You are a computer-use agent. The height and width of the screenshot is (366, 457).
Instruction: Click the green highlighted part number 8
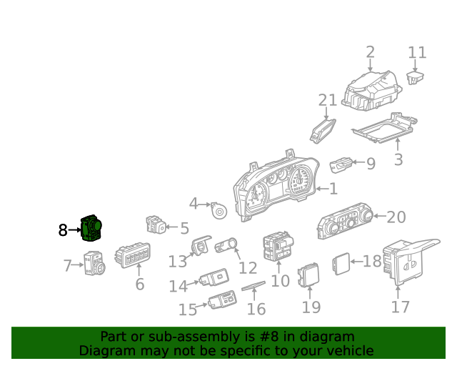[x=91, y=228]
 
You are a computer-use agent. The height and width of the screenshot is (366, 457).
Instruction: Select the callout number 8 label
[x=63, y=230]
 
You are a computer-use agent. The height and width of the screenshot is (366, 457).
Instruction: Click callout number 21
[x=327, y=100]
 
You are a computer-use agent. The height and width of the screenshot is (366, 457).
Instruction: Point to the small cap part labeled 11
[x=415, y=77]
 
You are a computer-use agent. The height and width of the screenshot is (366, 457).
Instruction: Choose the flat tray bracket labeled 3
[x=385, y=128]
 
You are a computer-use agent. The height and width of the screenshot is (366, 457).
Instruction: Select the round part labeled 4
[x=219, y=210]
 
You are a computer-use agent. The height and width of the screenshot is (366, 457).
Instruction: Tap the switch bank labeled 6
[x=133, y=254]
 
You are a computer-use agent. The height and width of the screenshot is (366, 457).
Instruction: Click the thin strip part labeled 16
[x=253, y=286]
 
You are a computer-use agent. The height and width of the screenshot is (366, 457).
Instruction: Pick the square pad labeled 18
[x=341, y=264]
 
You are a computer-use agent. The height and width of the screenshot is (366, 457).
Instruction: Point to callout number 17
[x=400, y=307]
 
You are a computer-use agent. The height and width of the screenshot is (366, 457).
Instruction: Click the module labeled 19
[x=308, y=275]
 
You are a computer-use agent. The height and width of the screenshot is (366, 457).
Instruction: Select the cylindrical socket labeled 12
[x=226, y=246]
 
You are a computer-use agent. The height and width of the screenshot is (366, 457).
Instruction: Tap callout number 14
[x=178, y=286]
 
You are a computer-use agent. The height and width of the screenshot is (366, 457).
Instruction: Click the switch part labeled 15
[x=223, y=300]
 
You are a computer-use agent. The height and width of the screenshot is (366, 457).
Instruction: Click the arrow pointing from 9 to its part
[x=358, y=162]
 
